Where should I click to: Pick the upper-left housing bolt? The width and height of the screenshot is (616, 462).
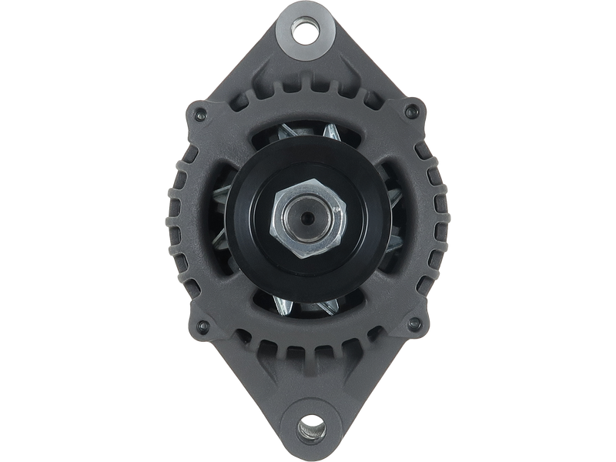pos(201,115)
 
